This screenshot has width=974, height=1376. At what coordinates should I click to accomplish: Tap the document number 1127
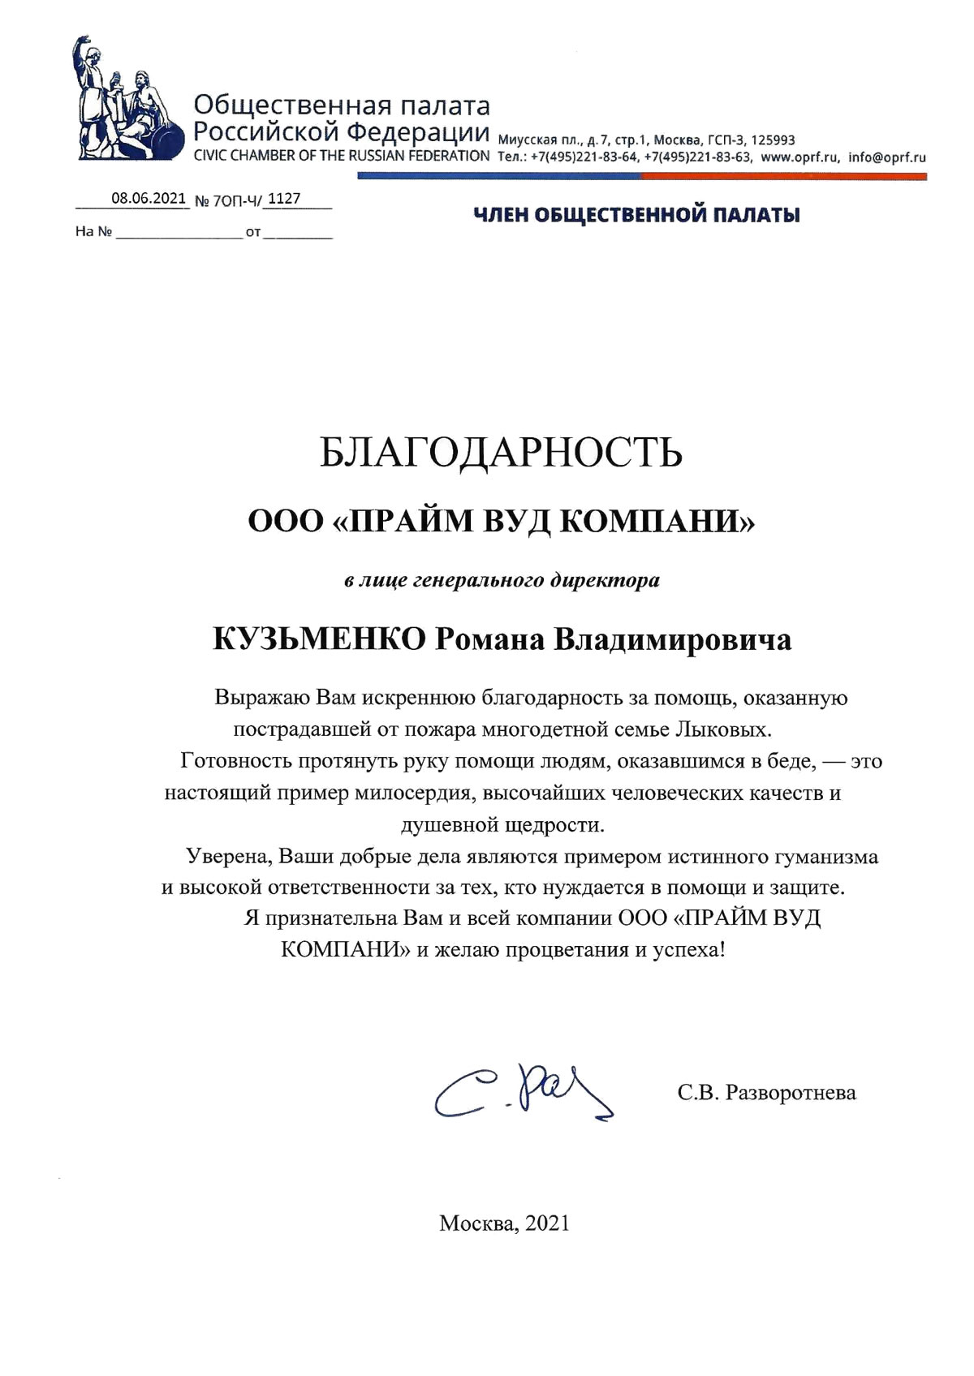[283, 199]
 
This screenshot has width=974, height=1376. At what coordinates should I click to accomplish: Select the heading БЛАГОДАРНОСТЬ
[500, 453]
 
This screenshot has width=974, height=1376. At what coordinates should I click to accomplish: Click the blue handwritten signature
[523, 1092]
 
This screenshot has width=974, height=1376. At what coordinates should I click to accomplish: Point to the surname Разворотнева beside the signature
[791, 1093]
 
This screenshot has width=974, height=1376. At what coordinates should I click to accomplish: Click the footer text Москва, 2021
[504, 1223]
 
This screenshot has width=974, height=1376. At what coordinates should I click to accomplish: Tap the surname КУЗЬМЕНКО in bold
[319, 639]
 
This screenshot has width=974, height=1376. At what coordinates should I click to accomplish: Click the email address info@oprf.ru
[886, 157]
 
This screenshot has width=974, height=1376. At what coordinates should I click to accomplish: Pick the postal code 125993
[773, 140]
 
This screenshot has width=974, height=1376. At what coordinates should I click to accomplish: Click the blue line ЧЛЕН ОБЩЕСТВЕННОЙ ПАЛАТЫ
[636, 215]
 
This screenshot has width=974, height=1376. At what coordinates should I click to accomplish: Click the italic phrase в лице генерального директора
[502, 581]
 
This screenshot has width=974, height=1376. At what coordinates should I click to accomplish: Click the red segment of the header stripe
[783, 175]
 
